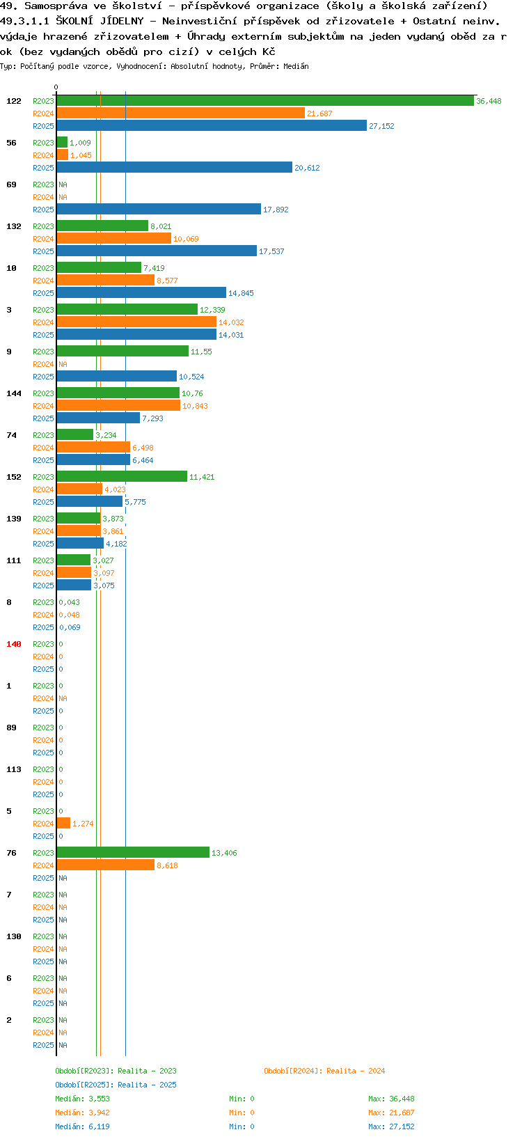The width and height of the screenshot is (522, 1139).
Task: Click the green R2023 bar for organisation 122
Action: [265, 101]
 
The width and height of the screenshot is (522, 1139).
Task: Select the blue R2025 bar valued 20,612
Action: [174, 167]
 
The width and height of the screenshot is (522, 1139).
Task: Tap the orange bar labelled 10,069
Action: [114, 239]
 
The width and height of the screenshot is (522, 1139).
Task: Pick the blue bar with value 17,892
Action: [159, 209]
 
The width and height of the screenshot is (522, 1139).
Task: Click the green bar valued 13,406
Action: [133, 852]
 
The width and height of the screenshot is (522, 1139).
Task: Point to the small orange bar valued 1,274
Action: [63, 823]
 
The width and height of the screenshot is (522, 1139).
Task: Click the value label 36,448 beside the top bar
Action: [489, 101]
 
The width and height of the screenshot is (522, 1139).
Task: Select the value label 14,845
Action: [241, 293]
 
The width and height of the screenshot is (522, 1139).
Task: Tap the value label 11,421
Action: [202, 477]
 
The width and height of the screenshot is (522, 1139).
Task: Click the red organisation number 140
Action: [14, 644]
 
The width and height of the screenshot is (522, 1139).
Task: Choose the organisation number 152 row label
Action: [14, 477]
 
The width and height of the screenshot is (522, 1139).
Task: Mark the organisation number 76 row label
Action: [11, 853]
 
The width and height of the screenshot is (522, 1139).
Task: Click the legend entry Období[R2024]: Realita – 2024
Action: [324, 1070]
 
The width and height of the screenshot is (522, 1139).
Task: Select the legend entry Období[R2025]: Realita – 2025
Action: [116, 1084]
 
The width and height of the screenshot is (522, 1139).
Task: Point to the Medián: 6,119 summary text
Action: [82, 1126]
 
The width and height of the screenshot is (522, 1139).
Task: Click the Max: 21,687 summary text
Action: [391, 1113]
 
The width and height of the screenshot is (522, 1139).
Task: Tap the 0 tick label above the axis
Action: [56, 87]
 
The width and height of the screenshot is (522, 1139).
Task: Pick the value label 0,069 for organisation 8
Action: [70, 627]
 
